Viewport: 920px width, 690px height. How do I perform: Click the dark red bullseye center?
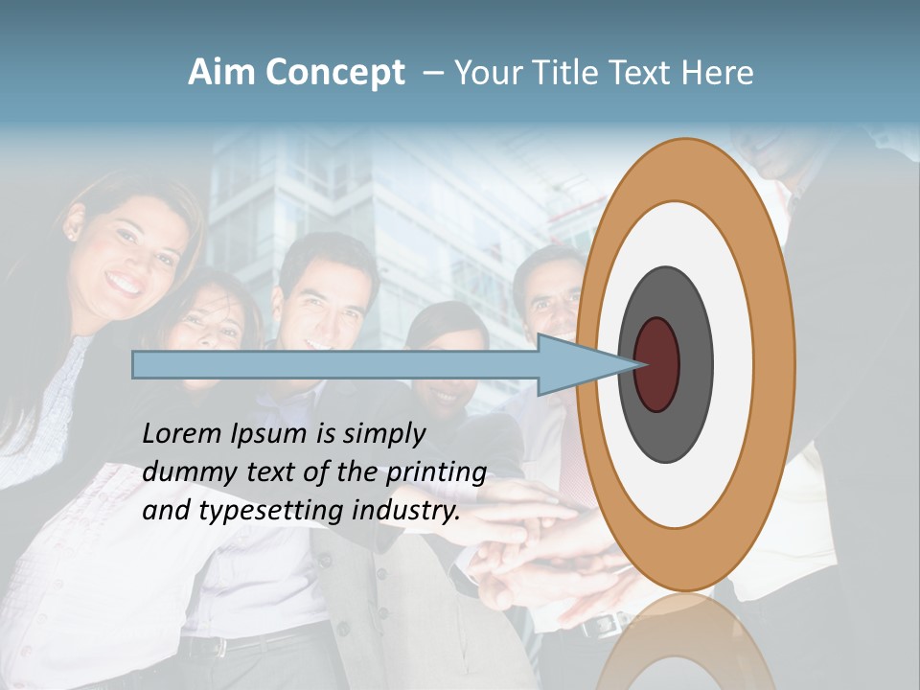[657, 365]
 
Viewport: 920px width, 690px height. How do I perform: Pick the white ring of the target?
[733, 365]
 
